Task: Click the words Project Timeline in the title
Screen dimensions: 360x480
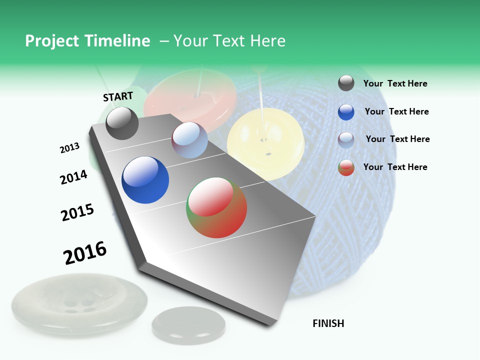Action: pos(87,41)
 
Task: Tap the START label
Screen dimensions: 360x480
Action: pos(118,96)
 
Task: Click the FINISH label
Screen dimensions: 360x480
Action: pos(328,323)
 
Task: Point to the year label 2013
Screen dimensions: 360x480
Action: pos(69,148)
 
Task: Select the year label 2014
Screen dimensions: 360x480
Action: pos(73,177)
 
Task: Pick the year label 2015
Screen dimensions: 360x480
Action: pos(77,212)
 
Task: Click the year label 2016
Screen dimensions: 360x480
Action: pos(85,253)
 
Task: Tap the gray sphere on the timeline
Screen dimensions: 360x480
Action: pos(122,123)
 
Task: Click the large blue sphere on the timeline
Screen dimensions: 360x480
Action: pos(145,180)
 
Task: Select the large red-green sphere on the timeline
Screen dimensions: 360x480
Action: pos(216,207)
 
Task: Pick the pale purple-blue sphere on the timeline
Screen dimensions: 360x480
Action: pos(189,140)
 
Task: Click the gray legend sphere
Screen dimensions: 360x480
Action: pos(346,83)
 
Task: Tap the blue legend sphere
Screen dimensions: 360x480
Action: pos(346,112)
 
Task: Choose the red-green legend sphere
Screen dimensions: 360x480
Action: pos(346,167)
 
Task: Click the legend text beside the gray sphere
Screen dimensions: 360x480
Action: pos(395,84)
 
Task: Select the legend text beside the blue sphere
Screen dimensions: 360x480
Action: pos(396,111)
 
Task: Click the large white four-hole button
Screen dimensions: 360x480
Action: pos(79,305)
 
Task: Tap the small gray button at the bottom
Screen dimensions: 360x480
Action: pos(188,322)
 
